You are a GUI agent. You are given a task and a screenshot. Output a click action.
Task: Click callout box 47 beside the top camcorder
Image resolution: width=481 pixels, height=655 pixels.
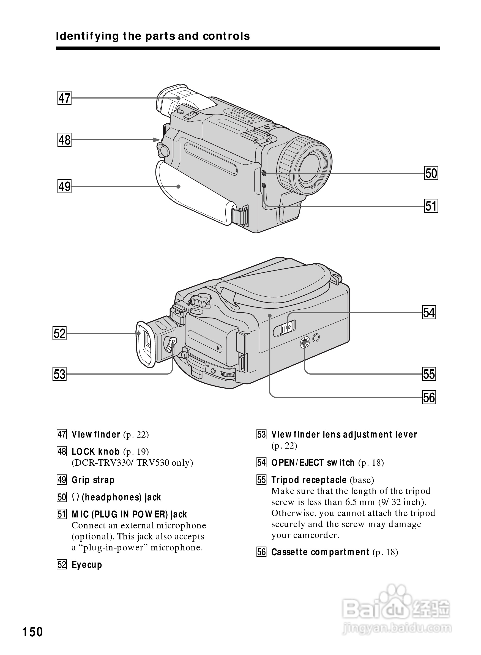[64, 98]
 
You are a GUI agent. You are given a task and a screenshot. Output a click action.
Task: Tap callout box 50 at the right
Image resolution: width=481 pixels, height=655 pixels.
[431, 173]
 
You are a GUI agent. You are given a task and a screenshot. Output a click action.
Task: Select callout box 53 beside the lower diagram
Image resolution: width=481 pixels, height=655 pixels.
[59, 374]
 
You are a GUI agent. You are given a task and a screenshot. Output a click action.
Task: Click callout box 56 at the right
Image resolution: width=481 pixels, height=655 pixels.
[429, 397]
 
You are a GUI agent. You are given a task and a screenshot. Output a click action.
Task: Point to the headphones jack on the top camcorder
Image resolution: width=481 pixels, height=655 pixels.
[264, 173]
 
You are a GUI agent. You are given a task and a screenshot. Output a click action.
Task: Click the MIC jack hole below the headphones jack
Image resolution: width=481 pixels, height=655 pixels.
[264, 185]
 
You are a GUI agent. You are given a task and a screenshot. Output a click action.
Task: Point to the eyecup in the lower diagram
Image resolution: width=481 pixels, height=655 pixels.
[145, 344]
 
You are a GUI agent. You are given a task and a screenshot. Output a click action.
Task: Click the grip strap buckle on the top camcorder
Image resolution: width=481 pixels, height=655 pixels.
[240, 215]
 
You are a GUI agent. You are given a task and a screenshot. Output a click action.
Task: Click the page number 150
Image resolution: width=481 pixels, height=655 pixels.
[33, 632]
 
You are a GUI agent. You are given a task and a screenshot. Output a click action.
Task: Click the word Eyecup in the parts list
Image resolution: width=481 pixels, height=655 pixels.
[87, 565]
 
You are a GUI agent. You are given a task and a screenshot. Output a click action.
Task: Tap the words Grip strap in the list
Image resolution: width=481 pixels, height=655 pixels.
[93, 480]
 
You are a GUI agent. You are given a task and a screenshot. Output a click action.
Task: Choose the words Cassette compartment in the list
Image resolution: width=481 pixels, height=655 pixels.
[320, 552]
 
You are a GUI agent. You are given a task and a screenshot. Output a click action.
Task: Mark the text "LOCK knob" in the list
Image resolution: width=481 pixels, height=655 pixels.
[96, 452]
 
